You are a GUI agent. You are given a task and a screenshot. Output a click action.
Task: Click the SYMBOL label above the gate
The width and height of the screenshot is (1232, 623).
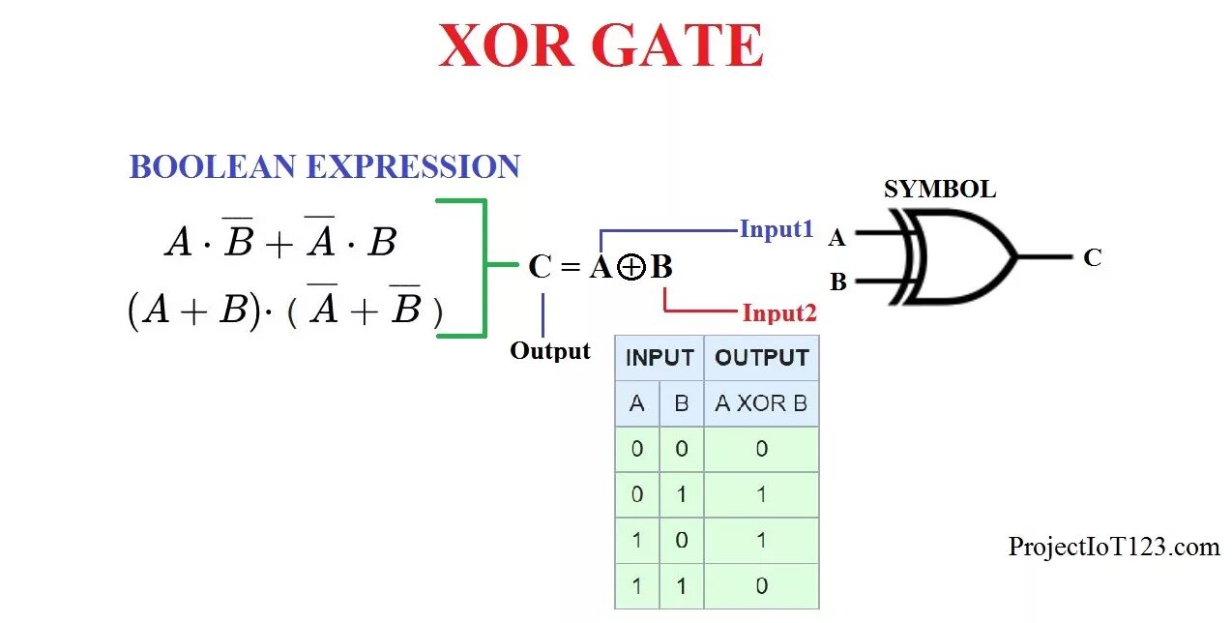[939, 189]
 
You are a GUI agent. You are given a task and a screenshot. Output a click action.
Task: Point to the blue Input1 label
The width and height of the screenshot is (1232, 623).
[777, 230]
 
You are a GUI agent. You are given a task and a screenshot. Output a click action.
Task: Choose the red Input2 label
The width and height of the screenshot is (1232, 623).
[779, 313]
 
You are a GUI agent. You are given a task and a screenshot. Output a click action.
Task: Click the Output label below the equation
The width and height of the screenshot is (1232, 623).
[550, 351]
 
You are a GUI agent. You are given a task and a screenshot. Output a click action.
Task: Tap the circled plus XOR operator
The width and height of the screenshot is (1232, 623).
[631, 268]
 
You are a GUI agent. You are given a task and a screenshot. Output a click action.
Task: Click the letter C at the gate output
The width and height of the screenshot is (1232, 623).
[1092, 257]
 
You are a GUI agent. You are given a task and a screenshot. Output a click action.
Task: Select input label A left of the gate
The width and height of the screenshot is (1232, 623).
[837, 237]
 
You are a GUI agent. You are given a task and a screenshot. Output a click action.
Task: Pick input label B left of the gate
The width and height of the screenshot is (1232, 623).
[838, 282]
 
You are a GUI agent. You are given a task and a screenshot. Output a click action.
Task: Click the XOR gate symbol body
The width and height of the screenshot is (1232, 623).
[962, 257]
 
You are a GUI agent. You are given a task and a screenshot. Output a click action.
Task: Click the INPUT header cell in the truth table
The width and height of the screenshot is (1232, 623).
[660, 358]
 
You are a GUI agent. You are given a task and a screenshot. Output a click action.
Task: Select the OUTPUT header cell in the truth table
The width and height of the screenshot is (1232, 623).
[761, 358]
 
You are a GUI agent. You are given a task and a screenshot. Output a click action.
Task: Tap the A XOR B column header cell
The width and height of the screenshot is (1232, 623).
[761, 403]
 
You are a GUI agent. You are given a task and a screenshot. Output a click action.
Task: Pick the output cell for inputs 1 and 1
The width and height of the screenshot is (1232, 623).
[761, 585]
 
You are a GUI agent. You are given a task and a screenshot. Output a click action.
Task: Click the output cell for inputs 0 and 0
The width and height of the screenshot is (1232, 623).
[761, 449]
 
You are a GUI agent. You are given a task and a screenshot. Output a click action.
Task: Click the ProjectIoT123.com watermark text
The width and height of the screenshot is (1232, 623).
[1114, 548]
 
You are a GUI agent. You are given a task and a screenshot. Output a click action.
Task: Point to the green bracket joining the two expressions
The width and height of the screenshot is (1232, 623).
[484, 266]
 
